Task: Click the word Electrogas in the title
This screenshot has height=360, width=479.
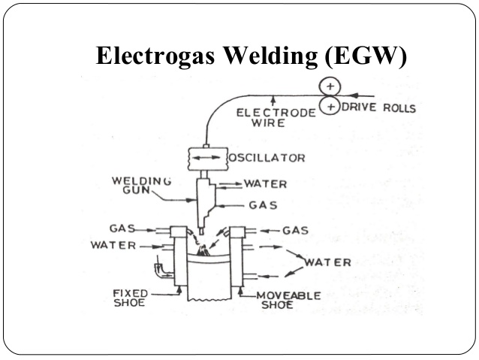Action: pos(155,56)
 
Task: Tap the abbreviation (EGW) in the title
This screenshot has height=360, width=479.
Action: pos(366,56)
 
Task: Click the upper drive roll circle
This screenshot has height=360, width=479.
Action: pos(330,86)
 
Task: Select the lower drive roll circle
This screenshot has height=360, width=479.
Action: pos(330,106)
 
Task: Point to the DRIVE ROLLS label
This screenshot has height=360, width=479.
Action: pos(379,107)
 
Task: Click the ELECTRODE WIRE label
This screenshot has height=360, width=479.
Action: pos(276,118)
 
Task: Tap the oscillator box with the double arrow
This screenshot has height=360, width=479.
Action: pos(208,159)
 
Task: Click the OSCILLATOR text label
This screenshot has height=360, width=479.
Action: pos(267,158)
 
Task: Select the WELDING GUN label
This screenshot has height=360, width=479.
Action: pos(141,186)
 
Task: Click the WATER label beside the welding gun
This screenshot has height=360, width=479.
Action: pos(265,184)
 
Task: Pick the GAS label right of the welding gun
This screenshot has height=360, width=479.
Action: pos(263,205)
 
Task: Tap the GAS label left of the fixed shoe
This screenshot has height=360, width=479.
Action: pos(122,228)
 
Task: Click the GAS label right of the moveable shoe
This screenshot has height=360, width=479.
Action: pos(295,230)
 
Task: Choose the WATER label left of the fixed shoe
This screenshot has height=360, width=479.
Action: pos(113,245)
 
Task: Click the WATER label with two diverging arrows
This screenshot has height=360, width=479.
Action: pos(327,262)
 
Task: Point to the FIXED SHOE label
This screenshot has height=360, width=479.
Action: pos(130,298)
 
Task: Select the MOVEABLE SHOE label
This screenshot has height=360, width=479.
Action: pos(288,300)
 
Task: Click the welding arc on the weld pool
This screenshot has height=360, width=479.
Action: pos(203,250)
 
